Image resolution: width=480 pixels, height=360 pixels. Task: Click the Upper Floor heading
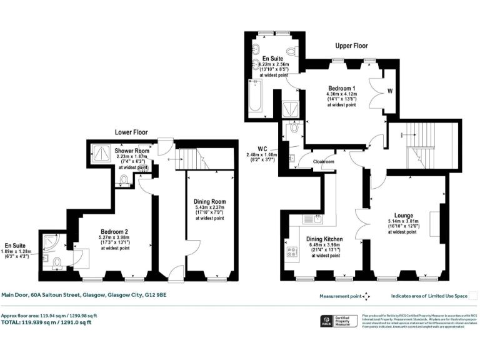click(x=351, y=46)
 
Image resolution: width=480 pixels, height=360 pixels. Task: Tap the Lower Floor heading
click(x=131, y=132)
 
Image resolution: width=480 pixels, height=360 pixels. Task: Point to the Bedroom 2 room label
click(x=113, y=231)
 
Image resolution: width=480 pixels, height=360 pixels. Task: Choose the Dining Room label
click(x=209, y=201)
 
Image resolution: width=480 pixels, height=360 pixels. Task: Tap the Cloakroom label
click(x=324, y=161)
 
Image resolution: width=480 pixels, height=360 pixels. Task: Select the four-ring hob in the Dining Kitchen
click(x=292, y=252)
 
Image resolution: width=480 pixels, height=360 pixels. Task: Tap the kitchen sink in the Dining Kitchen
click(x=311, y=218)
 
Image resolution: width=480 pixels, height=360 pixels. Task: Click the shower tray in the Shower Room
click(x=99, y=151)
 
